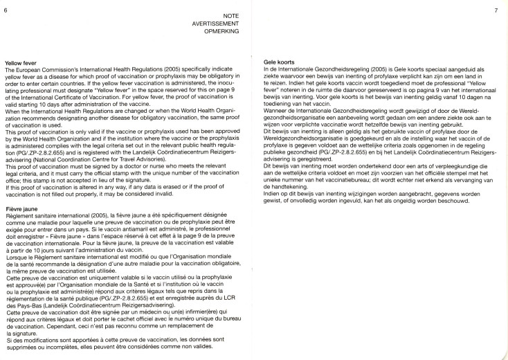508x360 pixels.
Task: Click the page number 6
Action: (x=6, y=9)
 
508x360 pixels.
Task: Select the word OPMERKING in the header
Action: (x=230, y=30)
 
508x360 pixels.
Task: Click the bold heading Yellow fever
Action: (x=19, y=63)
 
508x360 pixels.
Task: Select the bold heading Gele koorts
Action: (x=280, y=63)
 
